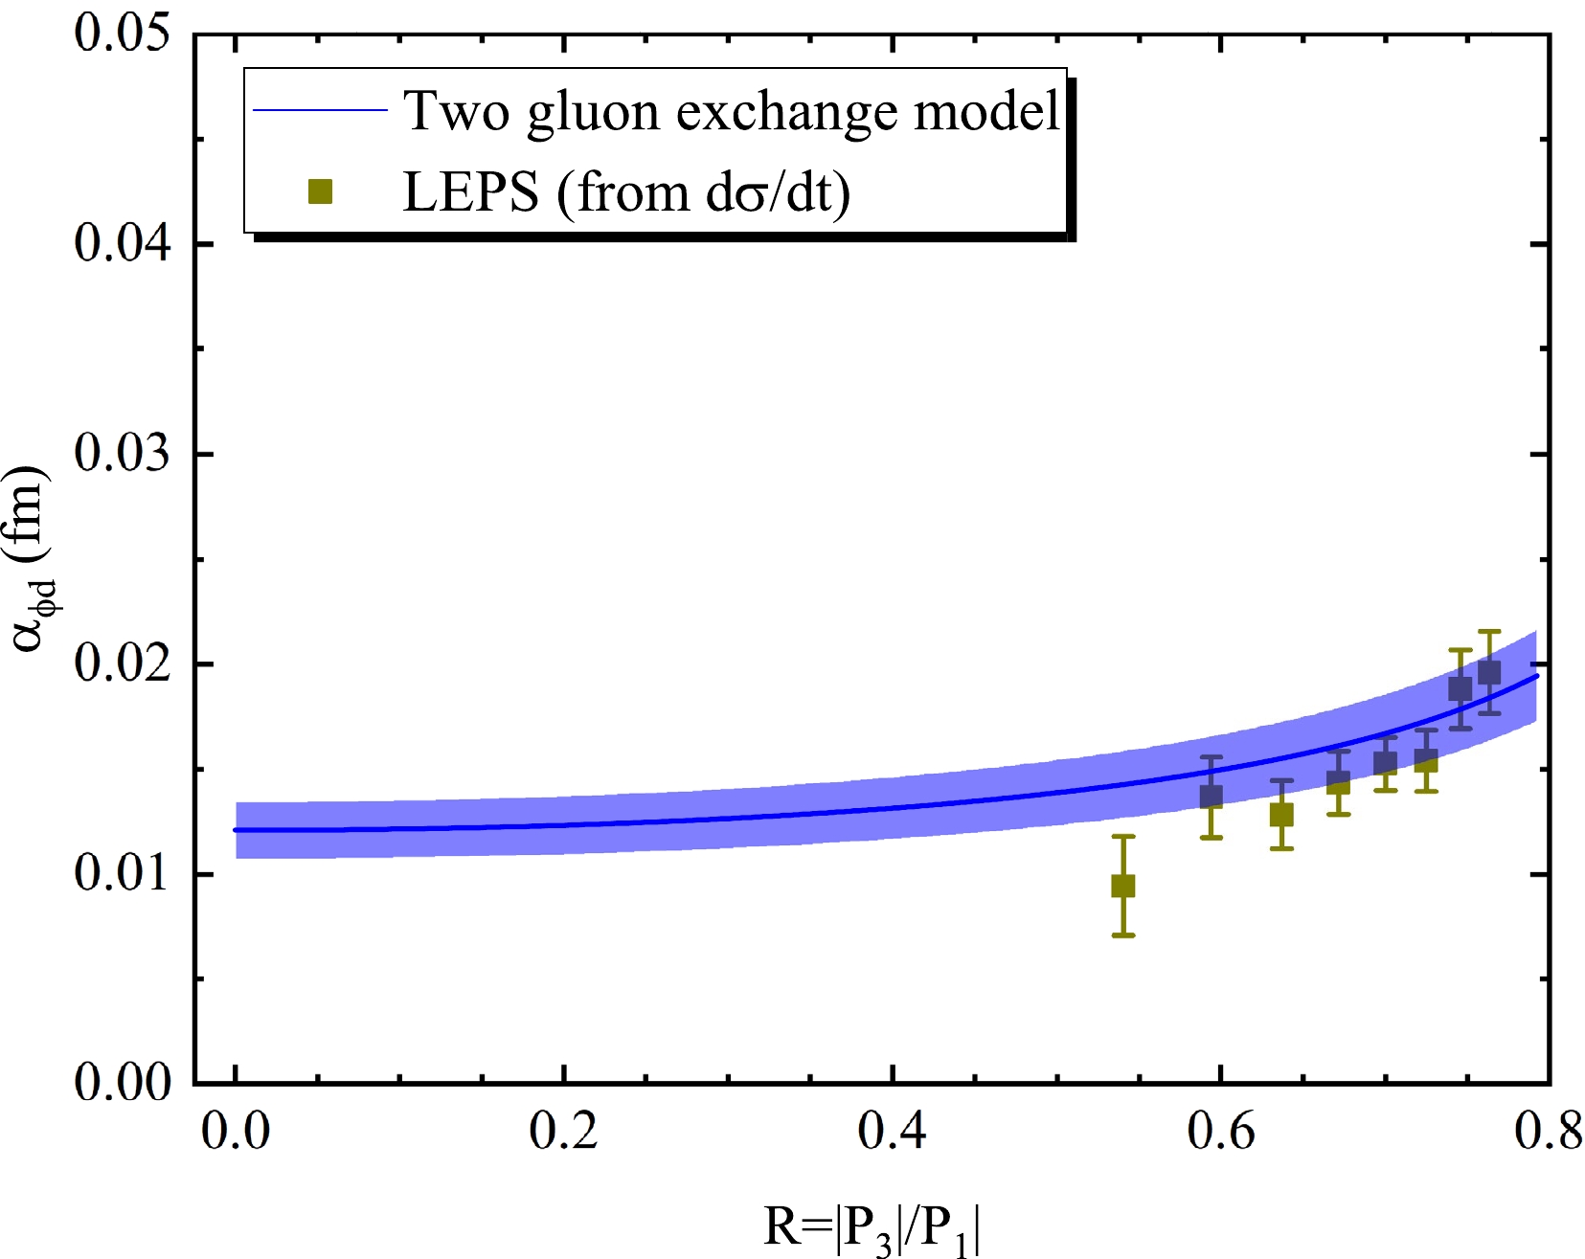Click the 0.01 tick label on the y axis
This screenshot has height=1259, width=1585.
point(122,873)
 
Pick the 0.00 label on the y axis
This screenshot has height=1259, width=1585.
point(122,1083)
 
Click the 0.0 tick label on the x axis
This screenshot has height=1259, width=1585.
point(236,1132)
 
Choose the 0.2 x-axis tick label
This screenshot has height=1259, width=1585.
point(564,1132)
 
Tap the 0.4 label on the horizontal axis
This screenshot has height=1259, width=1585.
point(892,1132)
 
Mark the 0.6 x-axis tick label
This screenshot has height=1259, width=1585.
point(1220,1132)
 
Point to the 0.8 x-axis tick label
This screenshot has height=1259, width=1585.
point(1548,1132)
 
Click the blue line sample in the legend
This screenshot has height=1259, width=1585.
point(320,110)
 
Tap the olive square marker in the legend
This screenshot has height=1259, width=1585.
point(320,192)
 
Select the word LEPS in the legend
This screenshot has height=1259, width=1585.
point(470,192)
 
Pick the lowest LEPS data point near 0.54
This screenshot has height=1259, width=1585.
point(1123,886)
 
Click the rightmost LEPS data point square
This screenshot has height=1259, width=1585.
point(1489,672)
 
